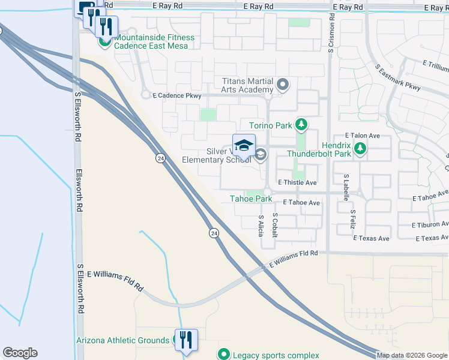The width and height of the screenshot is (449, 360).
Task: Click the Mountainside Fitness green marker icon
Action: (105, 41)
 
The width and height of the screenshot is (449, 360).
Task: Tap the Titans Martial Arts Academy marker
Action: (283, 85)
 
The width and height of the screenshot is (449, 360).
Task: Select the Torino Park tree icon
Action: (301, 125)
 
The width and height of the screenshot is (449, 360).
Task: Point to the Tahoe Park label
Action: (251, 199)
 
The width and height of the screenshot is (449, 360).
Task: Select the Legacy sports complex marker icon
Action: (224, 355)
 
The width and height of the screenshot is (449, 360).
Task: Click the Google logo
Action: (20, 353)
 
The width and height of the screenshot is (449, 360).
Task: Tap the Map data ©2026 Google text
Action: (411, 355)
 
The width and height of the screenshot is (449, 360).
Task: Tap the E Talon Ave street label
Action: (363, 136)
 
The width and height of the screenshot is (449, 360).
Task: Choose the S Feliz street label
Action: (354, 221)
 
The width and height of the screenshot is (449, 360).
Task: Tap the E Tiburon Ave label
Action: (429, 225)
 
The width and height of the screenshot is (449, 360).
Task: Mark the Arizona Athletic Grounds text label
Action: (122, 340)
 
